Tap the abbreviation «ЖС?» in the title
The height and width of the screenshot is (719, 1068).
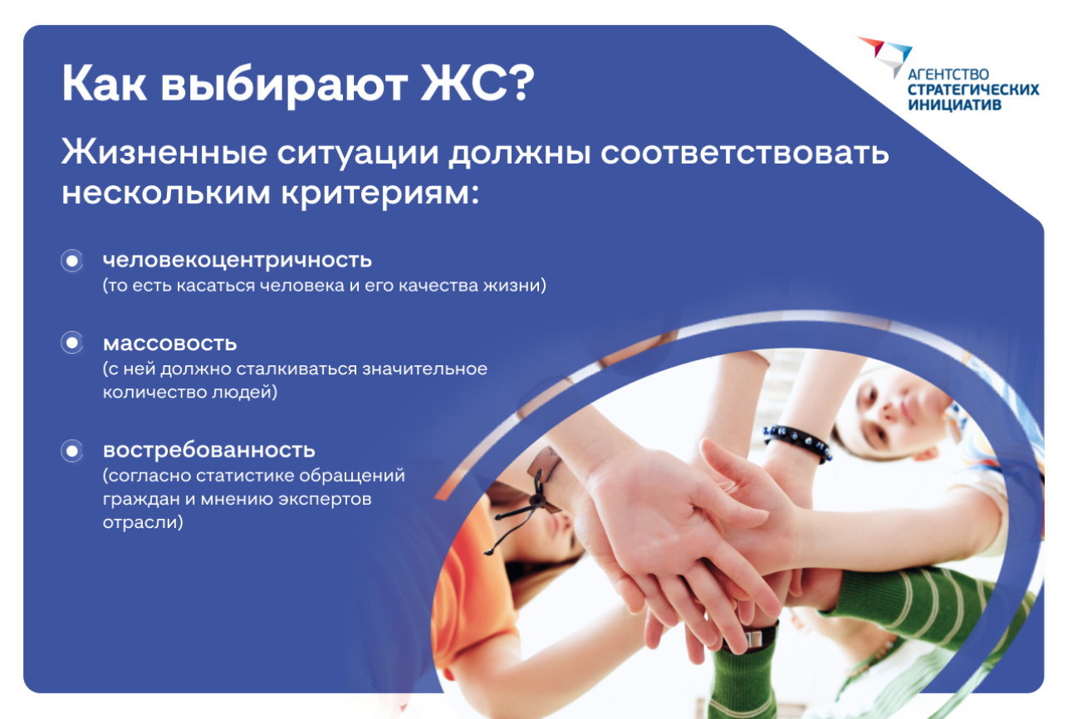click(478, 83)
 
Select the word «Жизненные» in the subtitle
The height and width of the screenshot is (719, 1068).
click(164, 152)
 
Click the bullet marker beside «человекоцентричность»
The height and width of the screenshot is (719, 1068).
click(72, 261)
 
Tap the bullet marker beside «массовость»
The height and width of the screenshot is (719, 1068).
click(72, 343)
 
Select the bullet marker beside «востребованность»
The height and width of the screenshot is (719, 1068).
click(72, 451)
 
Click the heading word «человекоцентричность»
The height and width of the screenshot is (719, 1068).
click(237, 261)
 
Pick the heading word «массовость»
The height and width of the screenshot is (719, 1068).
click(169, 343)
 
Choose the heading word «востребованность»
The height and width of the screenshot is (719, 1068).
click(208, 451)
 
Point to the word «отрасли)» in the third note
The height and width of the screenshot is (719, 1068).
click(143, 522)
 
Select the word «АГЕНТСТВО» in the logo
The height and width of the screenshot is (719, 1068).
click(948, 75)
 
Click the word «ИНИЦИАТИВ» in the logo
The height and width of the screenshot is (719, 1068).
click(954, 105)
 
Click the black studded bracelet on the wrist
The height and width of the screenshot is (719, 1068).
click(797, 443)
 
